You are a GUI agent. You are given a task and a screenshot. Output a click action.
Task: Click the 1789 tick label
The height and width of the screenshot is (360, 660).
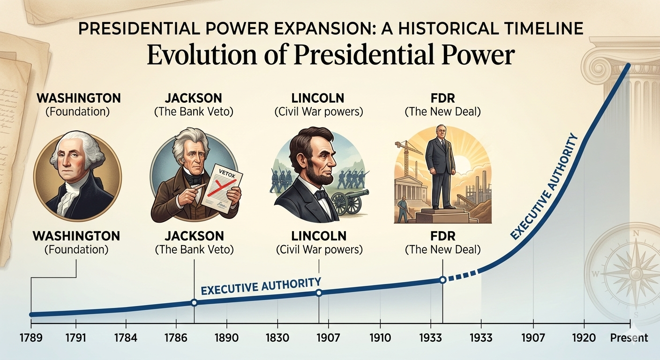(31, 337)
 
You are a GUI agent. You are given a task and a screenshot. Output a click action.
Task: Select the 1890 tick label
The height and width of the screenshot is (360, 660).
(227, 337)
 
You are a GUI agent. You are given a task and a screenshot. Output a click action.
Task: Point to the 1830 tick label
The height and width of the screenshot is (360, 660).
(277, 337)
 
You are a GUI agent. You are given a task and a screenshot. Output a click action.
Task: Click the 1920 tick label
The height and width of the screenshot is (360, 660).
(584, 337)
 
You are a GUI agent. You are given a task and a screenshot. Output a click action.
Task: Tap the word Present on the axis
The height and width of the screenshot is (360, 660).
(629, 337)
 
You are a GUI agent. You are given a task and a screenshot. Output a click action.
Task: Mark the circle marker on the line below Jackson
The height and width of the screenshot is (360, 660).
(194, 303)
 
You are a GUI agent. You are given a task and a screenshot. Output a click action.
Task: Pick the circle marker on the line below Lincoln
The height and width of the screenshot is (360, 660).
(319, 293)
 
